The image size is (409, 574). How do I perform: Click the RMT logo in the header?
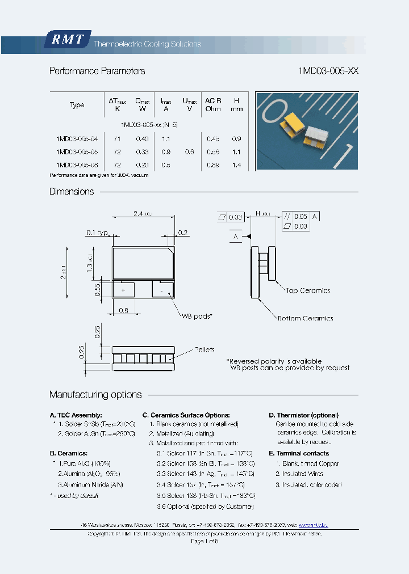click(67, 40)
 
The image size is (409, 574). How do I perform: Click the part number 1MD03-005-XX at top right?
click(328, 71)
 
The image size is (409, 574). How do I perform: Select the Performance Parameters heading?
click(97, 71)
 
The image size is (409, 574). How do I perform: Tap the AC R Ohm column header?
click(213, 104)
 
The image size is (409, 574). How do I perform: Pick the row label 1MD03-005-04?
click(77, 138)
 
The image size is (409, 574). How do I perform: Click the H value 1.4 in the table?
click(237, 165)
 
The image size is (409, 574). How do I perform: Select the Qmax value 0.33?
click(142, 152)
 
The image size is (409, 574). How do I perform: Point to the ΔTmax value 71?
click(117, 138)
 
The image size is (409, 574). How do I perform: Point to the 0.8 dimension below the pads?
click(123, 310)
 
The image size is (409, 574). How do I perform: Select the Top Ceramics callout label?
click(307, 290)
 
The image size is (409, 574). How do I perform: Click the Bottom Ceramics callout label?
click(305, 318)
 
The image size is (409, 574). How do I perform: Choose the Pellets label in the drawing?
click(204, 350)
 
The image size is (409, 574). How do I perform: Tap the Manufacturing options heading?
click(95, 395)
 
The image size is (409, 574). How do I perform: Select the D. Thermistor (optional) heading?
click(303, 415)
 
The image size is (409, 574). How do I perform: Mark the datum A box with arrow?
click(235, 236)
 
